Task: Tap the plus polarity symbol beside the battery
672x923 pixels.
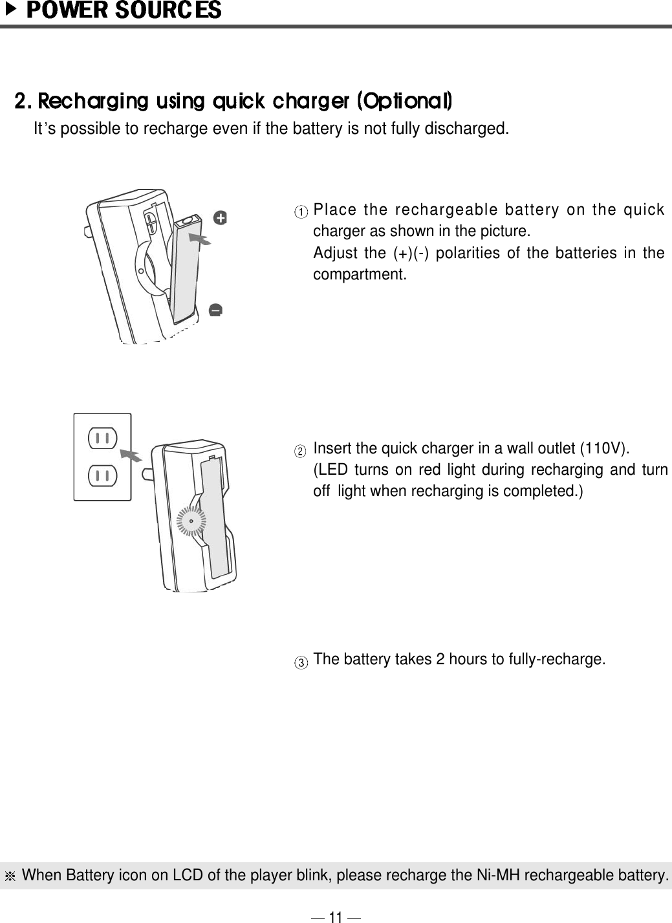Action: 221,219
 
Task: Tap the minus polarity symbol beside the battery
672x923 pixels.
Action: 216,311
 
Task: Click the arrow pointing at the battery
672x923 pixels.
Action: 201,240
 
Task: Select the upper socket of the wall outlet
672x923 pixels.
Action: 102,438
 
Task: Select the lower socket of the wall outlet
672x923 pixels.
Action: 102,477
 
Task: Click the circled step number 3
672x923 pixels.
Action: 301,662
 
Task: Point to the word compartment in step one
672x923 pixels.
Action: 360,274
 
